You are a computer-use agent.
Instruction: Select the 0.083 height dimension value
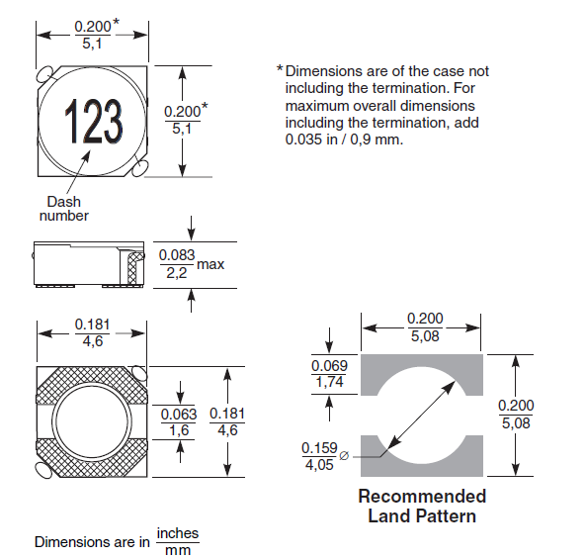click(x=177, y=256)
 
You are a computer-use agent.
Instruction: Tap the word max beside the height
click(x=210, y=264)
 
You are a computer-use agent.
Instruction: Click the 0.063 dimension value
click(x=179, y=415)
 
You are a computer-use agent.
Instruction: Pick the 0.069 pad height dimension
click(x=330, y=367)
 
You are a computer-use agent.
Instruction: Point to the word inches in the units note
click(x=178, y=533)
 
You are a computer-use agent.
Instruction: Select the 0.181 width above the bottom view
click(x=93, y=325)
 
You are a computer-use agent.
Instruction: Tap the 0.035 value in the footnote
click(x=304, y=139)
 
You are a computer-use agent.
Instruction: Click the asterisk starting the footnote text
click(x=280, y=71)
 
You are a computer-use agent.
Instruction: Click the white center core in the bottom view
click(x=92, y=420)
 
